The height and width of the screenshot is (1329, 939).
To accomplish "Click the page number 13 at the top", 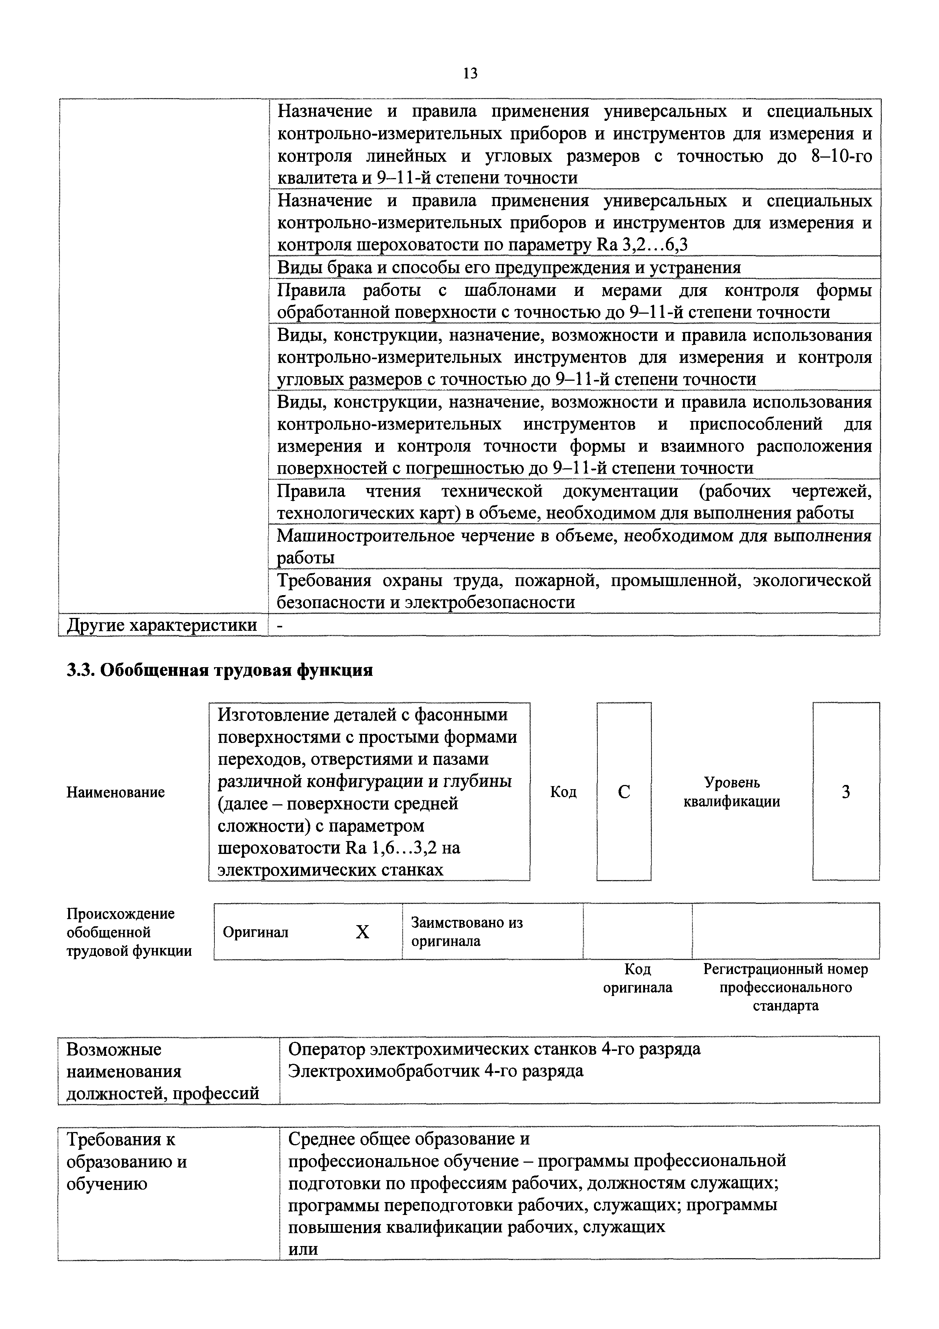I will click(470, 73).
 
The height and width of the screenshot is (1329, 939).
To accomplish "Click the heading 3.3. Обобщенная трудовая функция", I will click(220, 670).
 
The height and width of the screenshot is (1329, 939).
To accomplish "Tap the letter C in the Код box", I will click(624, 792).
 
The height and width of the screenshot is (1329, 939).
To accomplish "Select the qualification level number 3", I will click(845, 792).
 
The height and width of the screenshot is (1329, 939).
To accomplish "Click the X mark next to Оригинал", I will click(362, 932).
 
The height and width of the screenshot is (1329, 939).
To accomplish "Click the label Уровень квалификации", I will click(732, 792).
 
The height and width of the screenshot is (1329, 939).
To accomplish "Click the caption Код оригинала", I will click(637, 978).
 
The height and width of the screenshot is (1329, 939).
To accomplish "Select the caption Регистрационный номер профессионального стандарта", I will click(785, 987).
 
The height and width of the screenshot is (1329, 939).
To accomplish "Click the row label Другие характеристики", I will click(162, 625).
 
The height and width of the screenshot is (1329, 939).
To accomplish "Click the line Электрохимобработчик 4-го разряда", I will click(436, 1071).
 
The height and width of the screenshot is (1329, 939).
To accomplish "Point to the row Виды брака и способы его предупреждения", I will click(509, 267).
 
